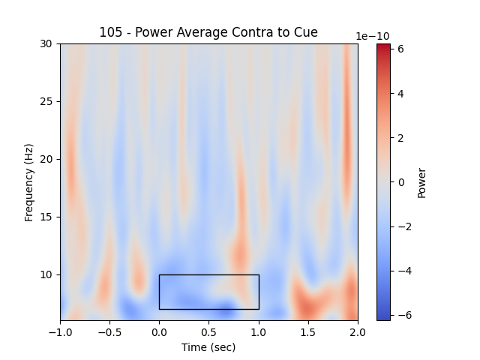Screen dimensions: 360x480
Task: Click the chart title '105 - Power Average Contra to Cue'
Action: click(208, 32)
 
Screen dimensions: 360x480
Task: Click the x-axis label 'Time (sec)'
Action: click(208, 347)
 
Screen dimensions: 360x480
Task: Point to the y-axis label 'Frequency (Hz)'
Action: click(29, 182)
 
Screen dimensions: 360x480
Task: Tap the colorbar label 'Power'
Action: click(421, 182)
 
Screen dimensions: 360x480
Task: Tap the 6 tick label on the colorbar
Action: click(400, 49)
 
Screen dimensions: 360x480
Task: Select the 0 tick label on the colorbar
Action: click(400, 182)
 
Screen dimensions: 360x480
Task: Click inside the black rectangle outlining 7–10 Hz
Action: click(208, 292)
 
